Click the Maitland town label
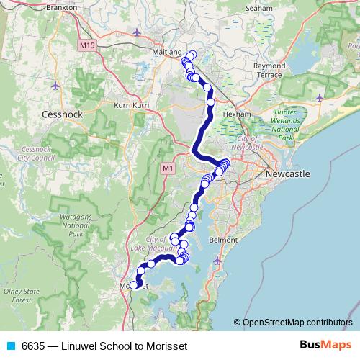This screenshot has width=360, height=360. click(x=168, y=53)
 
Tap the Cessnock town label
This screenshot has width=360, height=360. click(x=64, y=114)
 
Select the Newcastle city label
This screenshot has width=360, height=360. click(x=287, y=174)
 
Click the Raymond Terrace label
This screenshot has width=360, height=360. click(x=269, y=70)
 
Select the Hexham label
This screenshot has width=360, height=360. click(x=237, y=114)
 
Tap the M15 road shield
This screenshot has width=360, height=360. click(x=88, y=46)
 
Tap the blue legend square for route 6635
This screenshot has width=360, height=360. click(x=10, y=346)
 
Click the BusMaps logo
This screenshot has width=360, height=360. click(x=327, y=346)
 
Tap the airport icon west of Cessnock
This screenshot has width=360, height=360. click(x=57, y=86)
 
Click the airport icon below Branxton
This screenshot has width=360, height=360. click(x=138, y=32)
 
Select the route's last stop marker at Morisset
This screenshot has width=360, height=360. click(x=134, y=286)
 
